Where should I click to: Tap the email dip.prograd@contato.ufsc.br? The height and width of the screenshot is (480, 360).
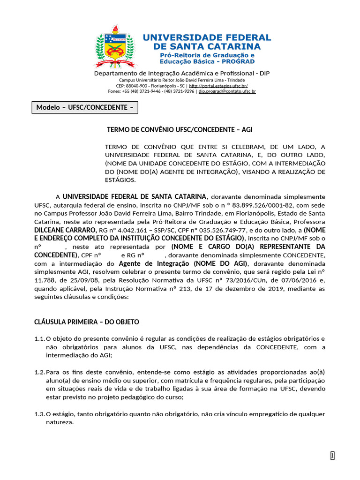tap(227, 92)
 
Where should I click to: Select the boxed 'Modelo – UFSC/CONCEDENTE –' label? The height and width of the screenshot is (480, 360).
tap(85, 107)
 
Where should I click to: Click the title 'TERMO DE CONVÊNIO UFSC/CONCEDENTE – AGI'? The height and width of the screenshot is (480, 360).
tap(180, 129)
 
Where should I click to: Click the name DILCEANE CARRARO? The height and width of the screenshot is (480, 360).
tap(64, 230)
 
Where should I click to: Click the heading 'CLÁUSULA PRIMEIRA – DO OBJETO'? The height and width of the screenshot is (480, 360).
tap(87, 322)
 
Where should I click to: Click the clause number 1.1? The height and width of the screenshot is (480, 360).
tap(39, 338)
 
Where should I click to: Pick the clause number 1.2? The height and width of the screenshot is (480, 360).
tap(39, 372)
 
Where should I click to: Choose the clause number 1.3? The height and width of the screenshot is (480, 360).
tap(39, 414)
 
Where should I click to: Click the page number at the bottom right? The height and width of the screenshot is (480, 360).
tap(332, 456)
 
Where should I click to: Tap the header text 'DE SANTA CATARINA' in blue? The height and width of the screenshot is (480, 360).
tap(207, 46)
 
